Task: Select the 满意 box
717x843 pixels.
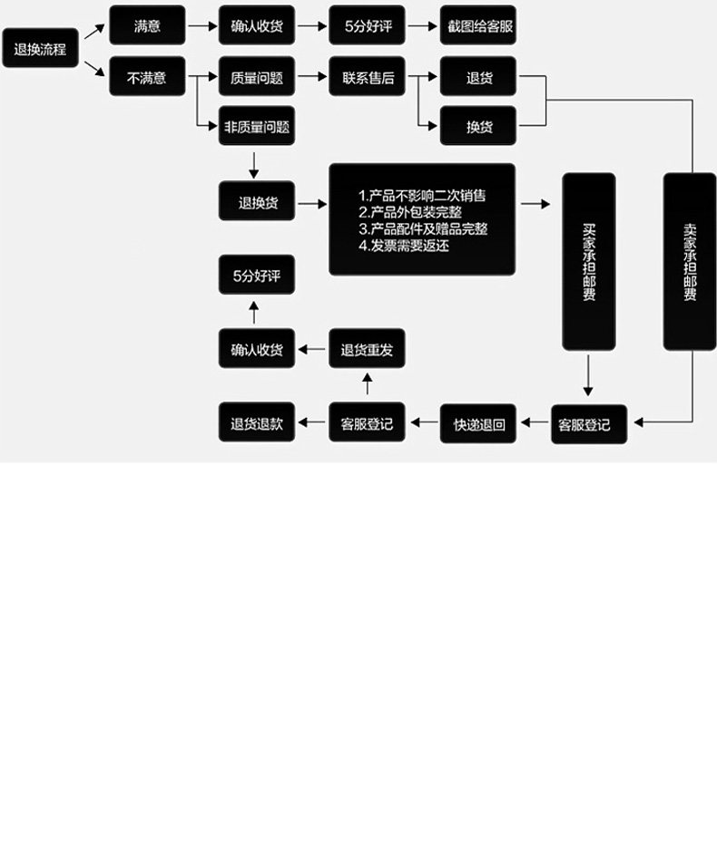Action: pyautogui.click(x=147, y=25)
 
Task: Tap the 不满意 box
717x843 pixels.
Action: pyautogui.click(x=147, y=78)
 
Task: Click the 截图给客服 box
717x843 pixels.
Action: pyautogui.click(x=478, y=25)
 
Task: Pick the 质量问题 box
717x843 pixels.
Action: pyautogui.click(x=257, y=78)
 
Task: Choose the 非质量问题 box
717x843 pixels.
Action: pyautogui.click(x=257, y=126)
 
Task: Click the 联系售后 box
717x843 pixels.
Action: pyautogui.click(x=368, y=78)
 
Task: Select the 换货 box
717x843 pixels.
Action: pyautogui.click(x=478, y=126)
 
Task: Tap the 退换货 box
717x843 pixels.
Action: pyautogui.click(x=257, y=202)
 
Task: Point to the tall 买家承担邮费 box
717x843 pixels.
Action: pyautogui.click(x=588, y=261)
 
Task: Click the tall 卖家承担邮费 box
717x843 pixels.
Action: pyautogui.click(x=689, y=261)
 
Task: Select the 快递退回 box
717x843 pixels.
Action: pyautogui.click(x=478, y=423)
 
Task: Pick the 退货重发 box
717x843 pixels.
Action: pyautogui.click(x=367, y=350)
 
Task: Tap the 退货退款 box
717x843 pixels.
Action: pyautogui.click(x=257, y=423)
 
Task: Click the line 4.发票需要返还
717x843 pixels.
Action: pyautogui.click(x=404, y=245)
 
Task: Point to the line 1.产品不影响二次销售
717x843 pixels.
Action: pyautogui.click(x=423, y=196)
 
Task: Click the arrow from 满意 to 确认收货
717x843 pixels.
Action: pyautogui.click(x=201, y=25)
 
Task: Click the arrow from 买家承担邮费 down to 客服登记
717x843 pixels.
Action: pyautogui.click(x=588, y=376)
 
